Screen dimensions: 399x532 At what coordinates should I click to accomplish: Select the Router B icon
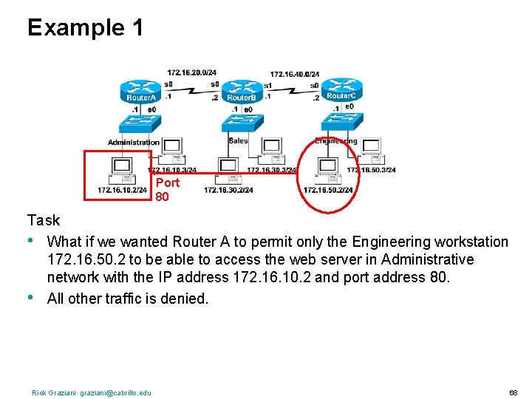(241, 92)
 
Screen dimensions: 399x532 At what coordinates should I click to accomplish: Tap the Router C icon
(339, 90)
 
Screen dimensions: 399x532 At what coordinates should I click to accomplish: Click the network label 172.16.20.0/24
(191, 72)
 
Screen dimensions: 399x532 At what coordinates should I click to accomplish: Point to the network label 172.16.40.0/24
(294, 74)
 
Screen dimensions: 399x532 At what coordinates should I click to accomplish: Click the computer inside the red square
(120, 171)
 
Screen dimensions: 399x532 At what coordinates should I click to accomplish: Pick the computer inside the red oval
(327, 171)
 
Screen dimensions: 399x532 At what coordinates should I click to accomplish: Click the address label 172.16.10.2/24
(122, 190)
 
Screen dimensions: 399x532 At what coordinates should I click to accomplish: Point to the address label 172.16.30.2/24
(228, 191)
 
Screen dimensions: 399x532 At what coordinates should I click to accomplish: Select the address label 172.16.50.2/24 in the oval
(327, 191)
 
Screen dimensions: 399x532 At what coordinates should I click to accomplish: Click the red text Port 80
(167, 189)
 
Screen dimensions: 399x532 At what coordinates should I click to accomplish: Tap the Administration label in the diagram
(134, 142)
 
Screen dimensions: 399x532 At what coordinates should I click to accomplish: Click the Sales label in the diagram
(239, 140)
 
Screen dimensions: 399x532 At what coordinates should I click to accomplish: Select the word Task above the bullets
(44, 220)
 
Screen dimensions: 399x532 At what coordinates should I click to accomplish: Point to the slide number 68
(514, 392)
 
